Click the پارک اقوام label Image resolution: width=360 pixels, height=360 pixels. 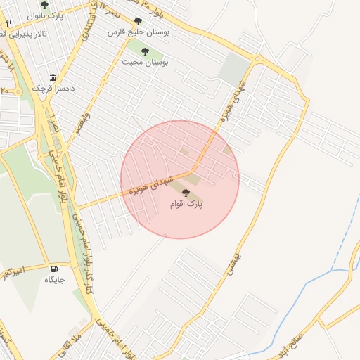(186, 204)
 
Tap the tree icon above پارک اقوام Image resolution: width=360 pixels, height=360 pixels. (186, 193)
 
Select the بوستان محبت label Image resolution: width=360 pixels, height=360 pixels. (145, 62)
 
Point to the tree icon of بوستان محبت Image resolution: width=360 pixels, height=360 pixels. (145, 51)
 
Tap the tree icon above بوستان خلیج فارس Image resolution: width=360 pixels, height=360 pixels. (138, 21)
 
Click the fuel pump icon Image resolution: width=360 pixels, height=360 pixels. (54, 269)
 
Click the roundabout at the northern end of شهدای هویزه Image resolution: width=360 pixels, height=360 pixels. (258, 58)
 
